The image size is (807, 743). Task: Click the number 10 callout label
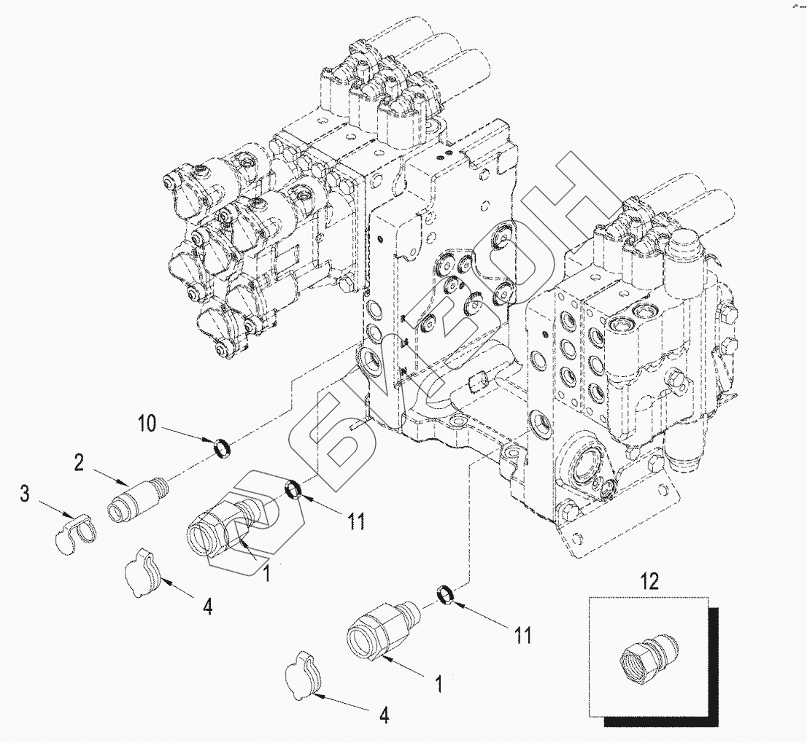[147, 424]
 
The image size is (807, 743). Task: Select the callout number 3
[25, 495]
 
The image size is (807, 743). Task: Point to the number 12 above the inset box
[649, 581]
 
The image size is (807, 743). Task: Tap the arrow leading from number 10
[186, 436]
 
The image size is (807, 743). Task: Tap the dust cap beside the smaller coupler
[304, 675]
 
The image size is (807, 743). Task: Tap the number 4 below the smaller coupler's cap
[383, 716]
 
